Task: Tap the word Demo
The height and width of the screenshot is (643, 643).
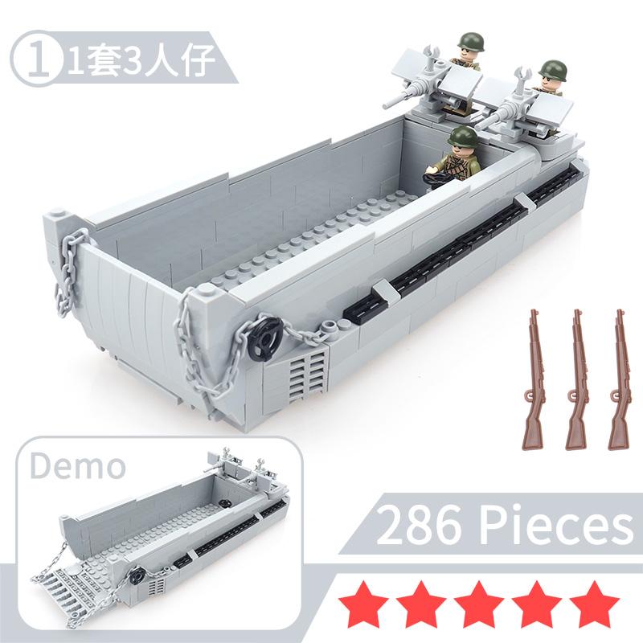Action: click(x=77, y=466)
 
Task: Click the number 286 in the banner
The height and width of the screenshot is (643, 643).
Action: click(x=423, y=525)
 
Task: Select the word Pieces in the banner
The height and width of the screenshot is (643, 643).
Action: click(x=556, y=525)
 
